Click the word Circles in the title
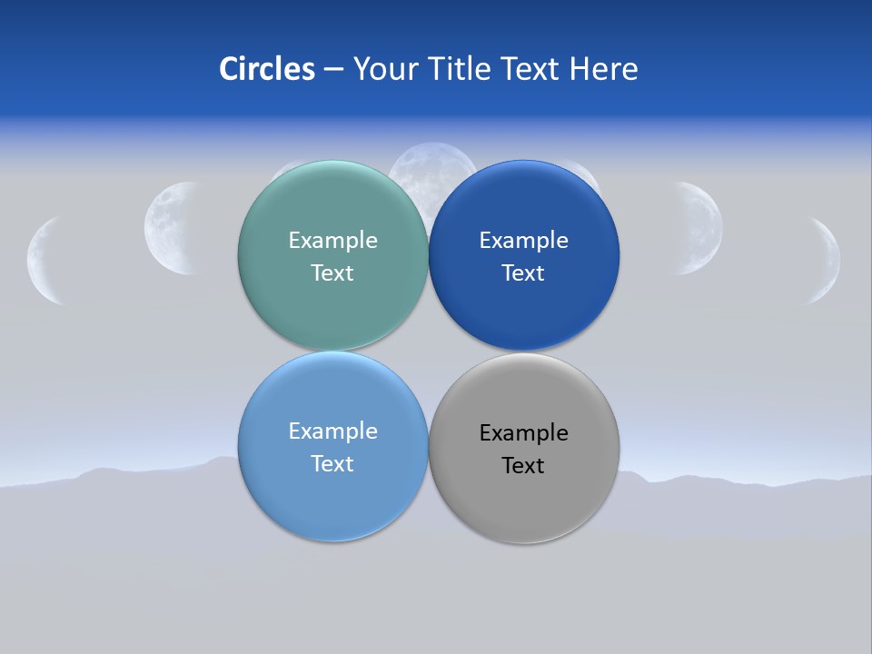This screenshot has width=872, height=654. click(x=266, y=69)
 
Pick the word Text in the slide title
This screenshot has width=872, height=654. click(x=530, y=69)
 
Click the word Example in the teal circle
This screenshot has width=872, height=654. click(x=332, y=241)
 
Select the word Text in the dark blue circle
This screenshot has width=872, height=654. click(x=523, y=273)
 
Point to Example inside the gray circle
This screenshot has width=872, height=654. click(x=524, y=433)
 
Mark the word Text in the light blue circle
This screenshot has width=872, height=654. click(x=332, y=464)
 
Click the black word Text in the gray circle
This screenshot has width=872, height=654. click(x=523, y=466)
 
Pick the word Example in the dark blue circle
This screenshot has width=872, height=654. click(x=524, y=241)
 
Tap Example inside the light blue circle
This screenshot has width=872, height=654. click(x=332, y=431)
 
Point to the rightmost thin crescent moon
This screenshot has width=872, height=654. click(x=827, y=261)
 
